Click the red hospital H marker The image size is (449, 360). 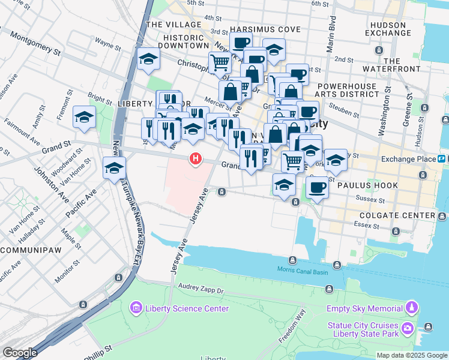pos(195,159)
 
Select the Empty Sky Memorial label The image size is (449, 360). pos(364,308)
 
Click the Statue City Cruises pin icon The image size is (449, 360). pos(408,328)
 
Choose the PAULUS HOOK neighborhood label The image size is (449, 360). pos(368,185)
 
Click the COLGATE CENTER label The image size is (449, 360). pos(397,215)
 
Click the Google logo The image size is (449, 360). pos(20,353)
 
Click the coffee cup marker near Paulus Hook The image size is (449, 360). pos(318,187)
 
